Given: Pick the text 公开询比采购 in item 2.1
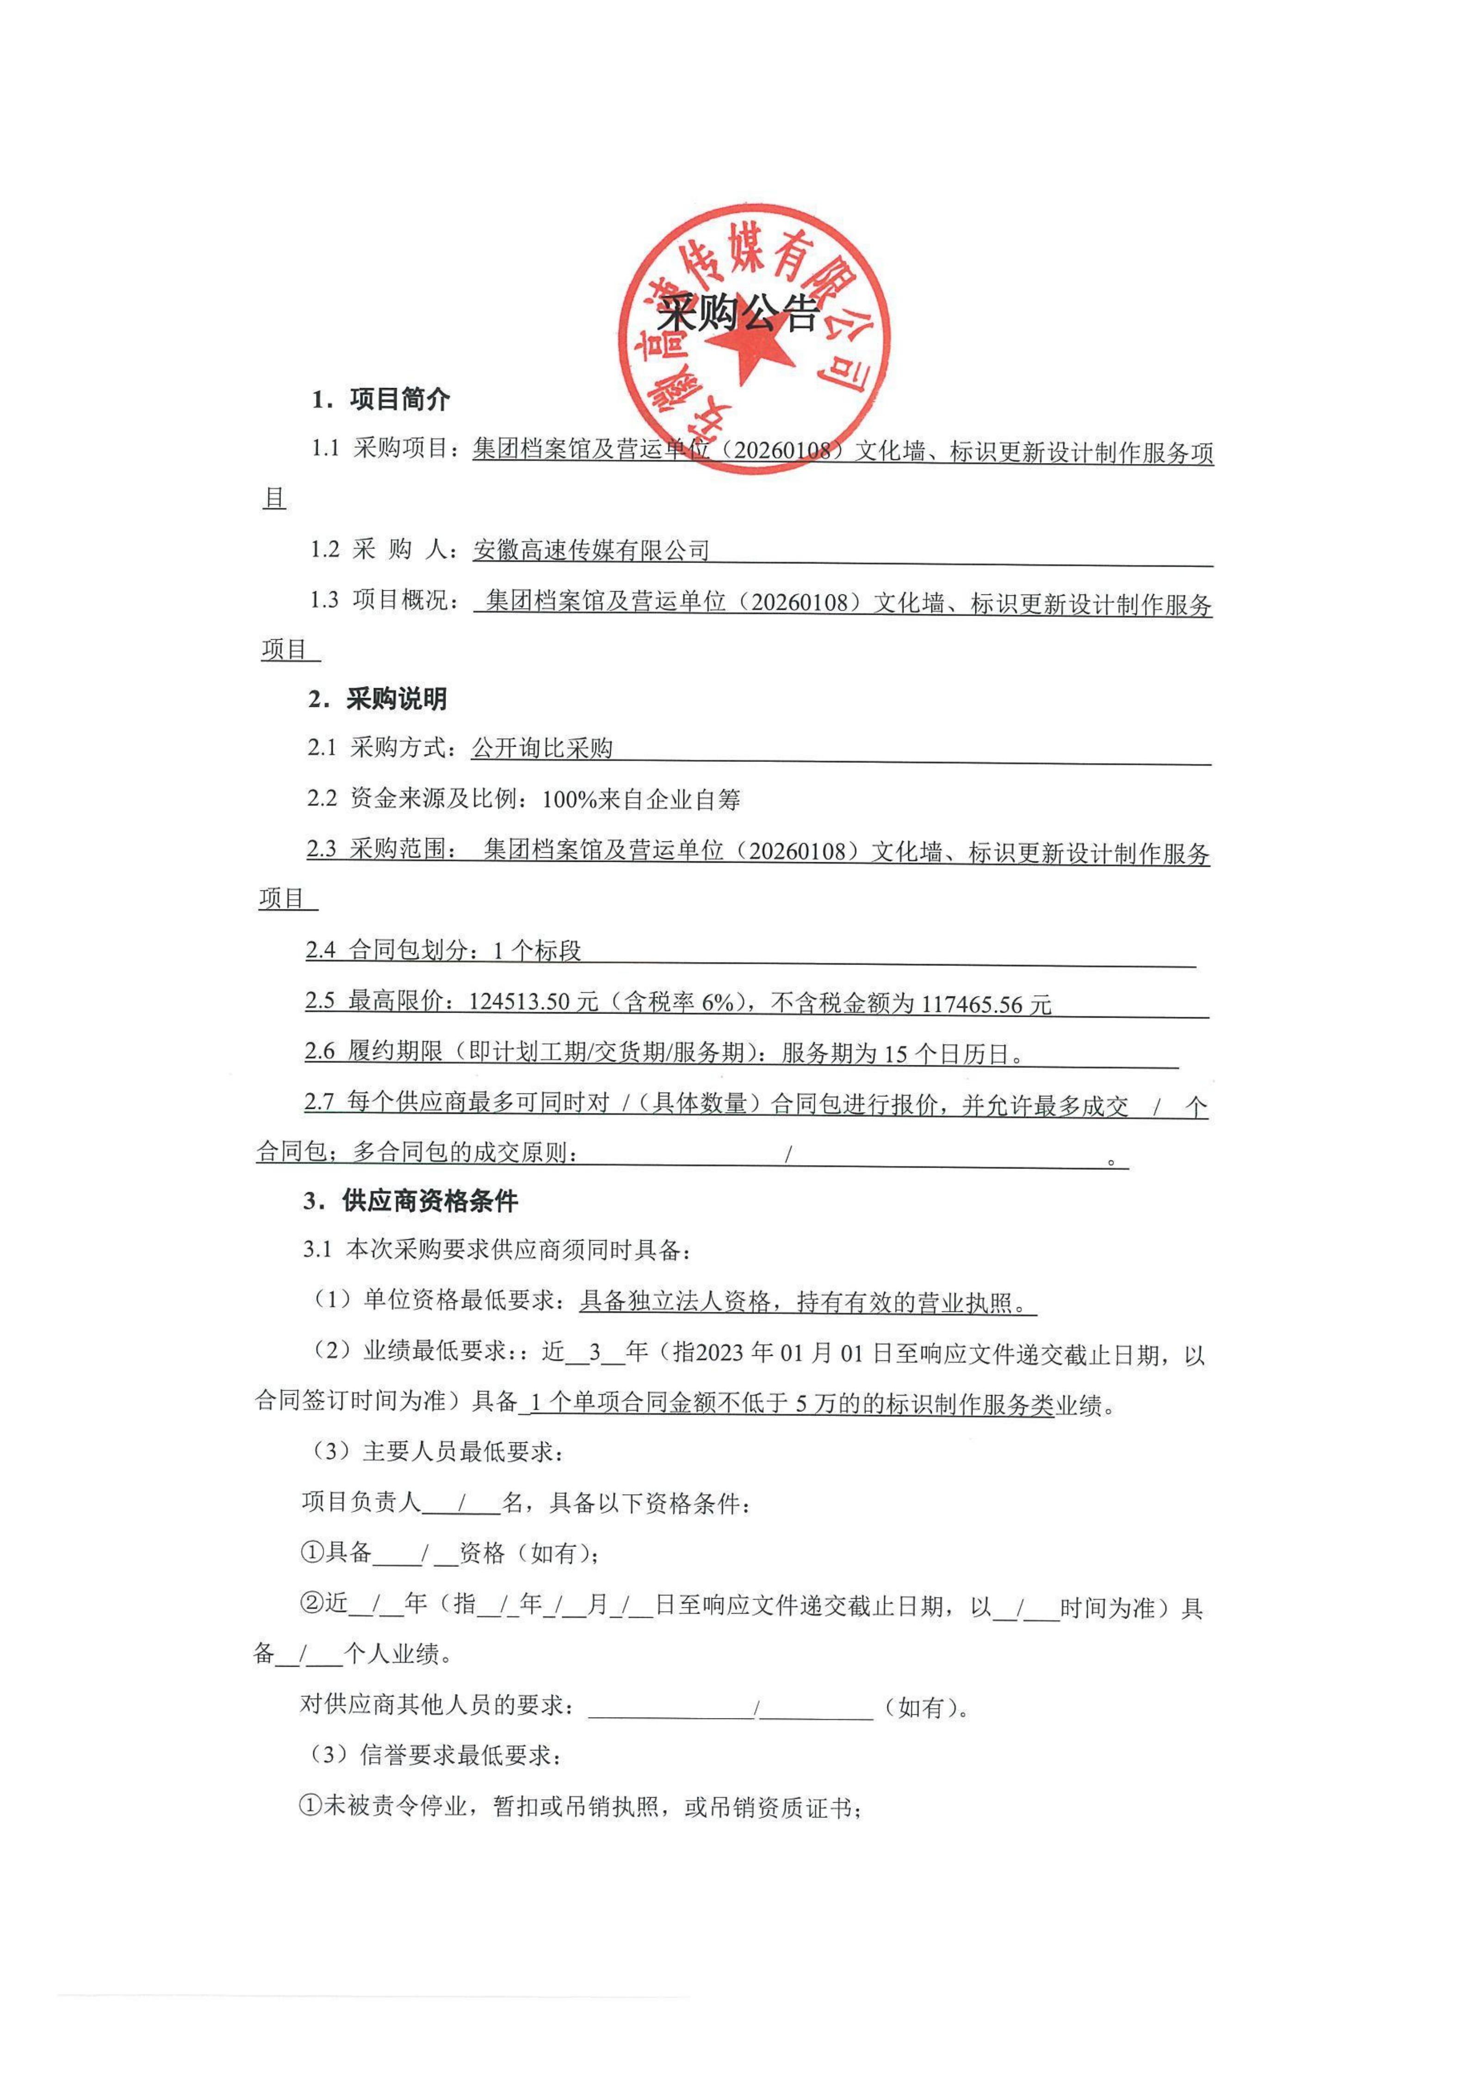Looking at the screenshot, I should [543, 748].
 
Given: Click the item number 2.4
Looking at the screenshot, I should [321, 950].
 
